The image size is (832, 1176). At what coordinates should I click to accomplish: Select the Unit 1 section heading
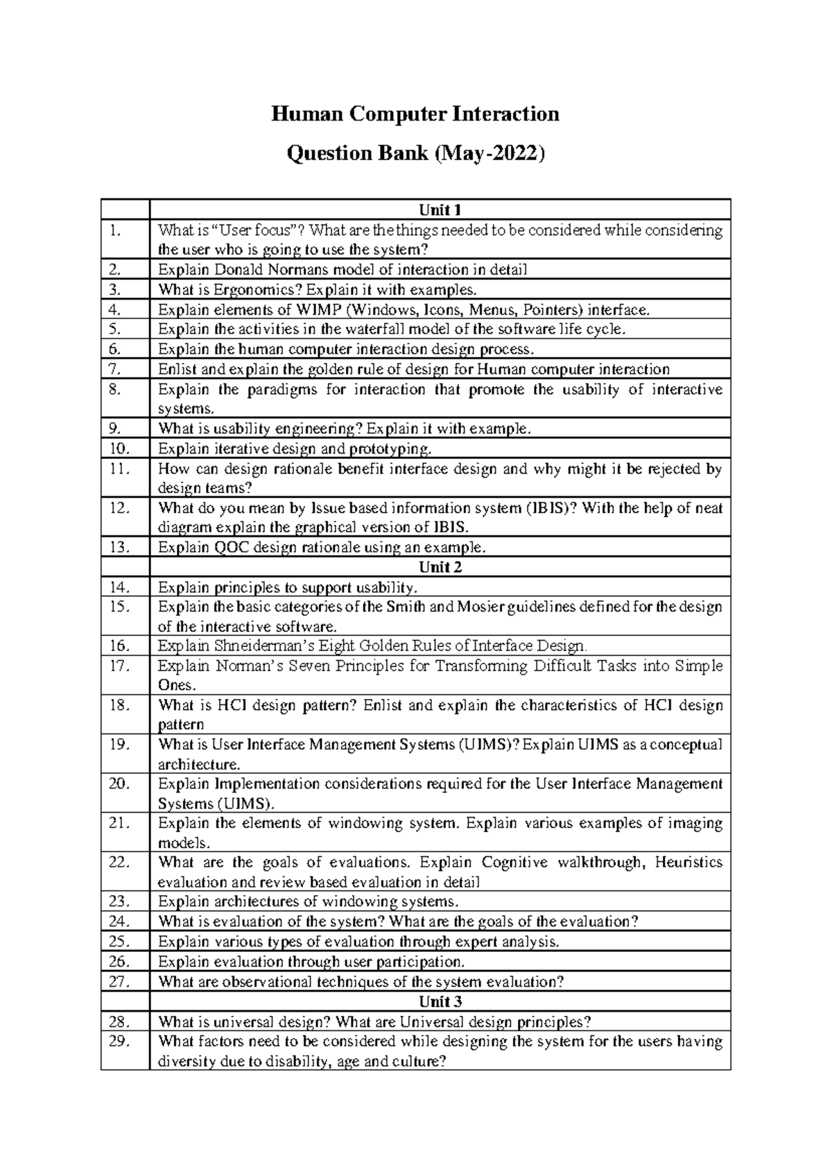[x=440, y=209]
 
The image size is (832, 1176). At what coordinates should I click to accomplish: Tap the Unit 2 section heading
[x=440, y=567]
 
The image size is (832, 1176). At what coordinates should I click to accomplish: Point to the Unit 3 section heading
[x=440, y=1002]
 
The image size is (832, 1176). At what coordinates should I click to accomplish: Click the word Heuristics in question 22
[x=688, y=862]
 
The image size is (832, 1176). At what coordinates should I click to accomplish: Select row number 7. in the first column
[x=115, y=370]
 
